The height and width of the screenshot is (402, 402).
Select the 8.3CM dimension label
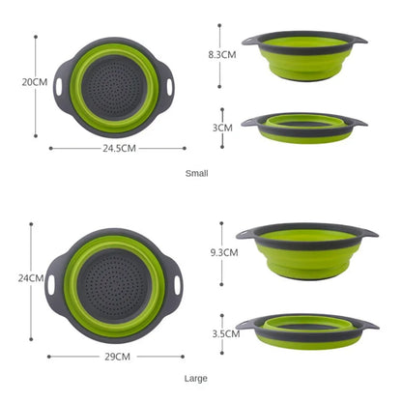pos(222,55)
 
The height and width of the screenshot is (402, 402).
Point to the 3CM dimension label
pos(222,127)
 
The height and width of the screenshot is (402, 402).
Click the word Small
pos(196,173)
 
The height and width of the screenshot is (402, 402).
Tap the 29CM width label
pos(117,356)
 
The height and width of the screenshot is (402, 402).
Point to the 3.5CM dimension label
pos(225,333)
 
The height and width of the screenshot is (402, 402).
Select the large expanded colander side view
pos(306,249)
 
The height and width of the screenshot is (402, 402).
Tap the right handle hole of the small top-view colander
pos(171,86)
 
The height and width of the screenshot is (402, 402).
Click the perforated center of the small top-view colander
pos(117,86)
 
